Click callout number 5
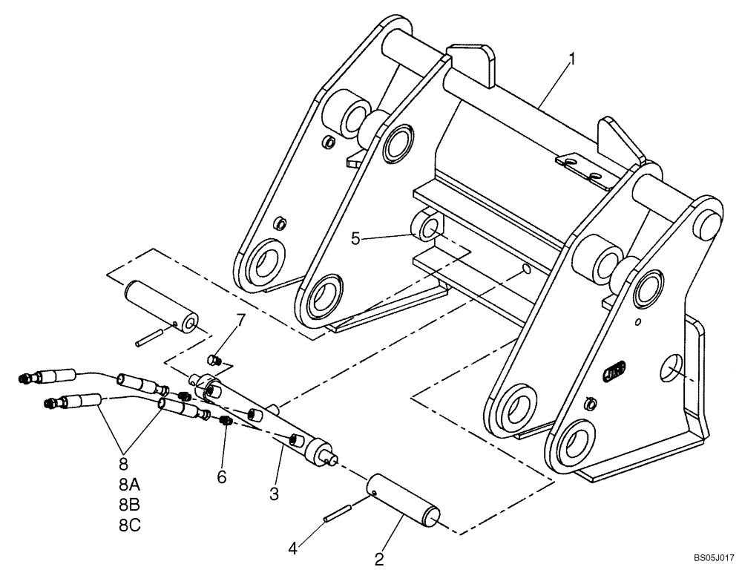point(356,238)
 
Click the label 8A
point(129,484)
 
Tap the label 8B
point(129,504)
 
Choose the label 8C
point(129,524)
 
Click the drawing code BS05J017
point(714,556)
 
